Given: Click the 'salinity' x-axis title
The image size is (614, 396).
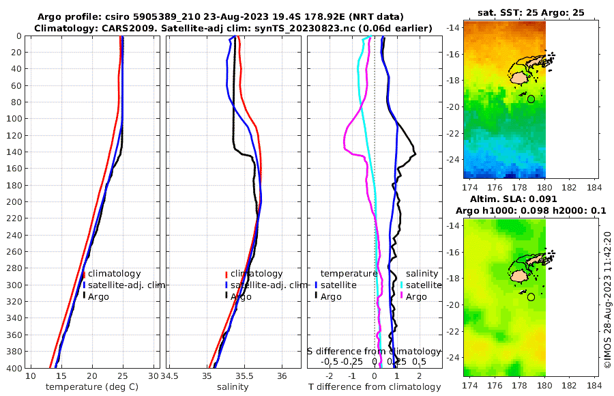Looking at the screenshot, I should click(x=233, y=387).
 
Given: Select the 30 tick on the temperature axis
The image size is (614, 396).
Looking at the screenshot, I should click(x=153, y=376).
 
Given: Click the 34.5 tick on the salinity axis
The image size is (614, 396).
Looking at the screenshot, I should click(x=173, y=376).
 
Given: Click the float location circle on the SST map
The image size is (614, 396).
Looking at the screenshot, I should click(x=531, y=99).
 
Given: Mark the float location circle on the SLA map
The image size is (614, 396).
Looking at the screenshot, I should click(x=531, y=297).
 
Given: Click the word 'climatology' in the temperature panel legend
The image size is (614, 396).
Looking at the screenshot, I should click(x=115, y=274).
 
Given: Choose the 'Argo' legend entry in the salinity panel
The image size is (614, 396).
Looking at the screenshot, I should click(x=241, y=296).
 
